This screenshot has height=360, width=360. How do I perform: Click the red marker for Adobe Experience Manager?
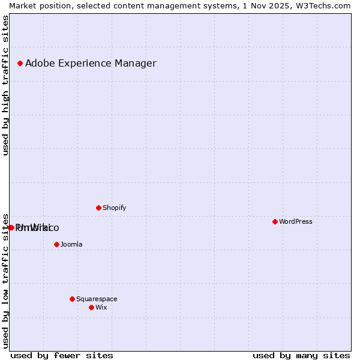(x=20, y=63)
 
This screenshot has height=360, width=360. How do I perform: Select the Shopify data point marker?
(x=98, y=208)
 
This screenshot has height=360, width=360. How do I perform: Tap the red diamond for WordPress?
(x=275, y=221)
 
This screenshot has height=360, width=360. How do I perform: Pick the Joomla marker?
(x=56, y=244)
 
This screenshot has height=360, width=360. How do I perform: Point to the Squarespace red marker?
(x=72, y=299)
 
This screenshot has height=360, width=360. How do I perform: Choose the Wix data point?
(x=91, y=307)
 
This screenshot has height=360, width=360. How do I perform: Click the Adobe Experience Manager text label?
(x=91, y=63)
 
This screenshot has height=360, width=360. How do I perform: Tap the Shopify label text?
(x=114, y=208)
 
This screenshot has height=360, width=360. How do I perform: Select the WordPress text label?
(x=295, y=221)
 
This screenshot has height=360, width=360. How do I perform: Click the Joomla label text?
(x=71, y=244)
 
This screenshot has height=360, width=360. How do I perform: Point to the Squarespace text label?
(x=97, y=299)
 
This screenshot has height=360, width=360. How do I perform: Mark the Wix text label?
(x=101, y=307)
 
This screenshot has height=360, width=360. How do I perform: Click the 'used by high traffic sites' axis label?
(x=6, y=85)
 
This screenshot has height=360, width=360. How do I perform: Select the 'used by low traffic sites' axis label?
(x=6, y=280)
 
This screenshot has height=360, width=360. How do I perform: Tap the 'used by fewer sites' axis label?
(x=62, y=355)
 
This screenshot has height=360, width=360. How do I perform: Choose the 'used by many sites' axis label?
(x=301, y=355)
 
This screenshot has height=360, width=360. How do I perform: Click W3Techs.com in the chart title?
(x=320, y=5)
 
